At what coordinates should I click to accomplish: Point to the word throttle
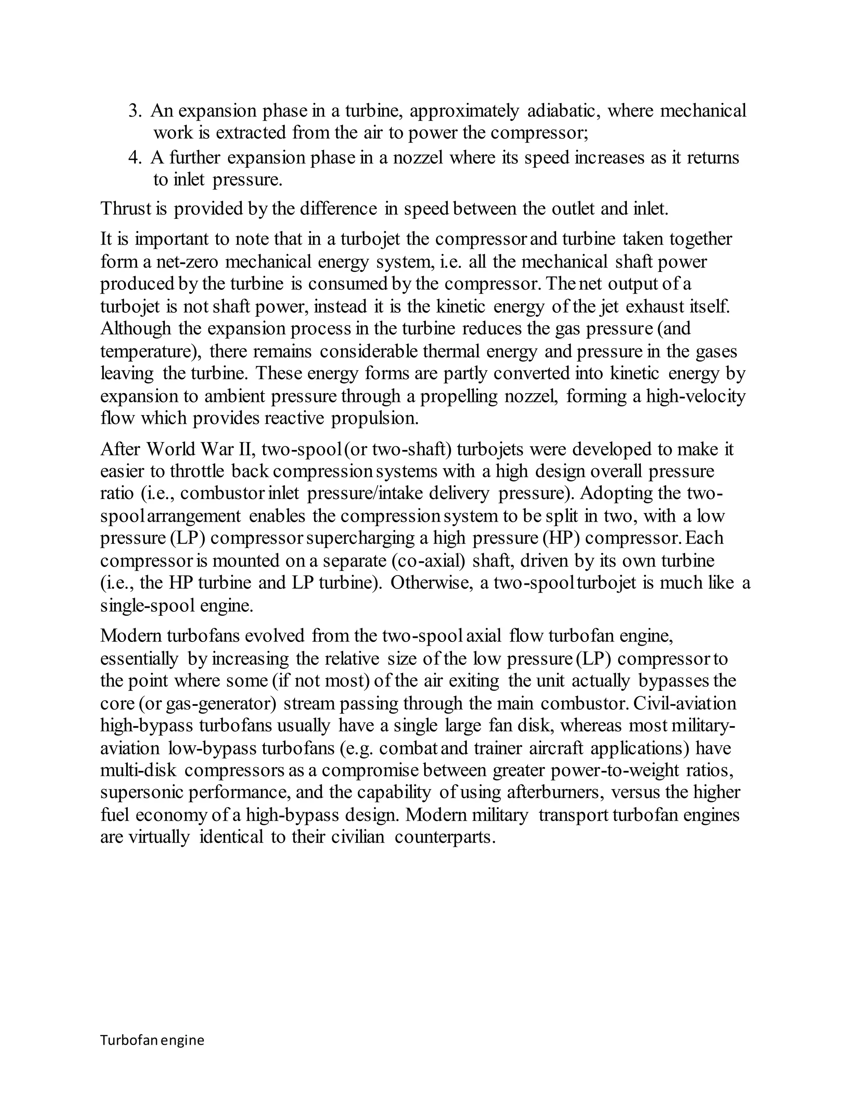click(197, 472)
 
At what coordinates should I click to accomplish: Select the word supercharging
click(360, 538)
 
